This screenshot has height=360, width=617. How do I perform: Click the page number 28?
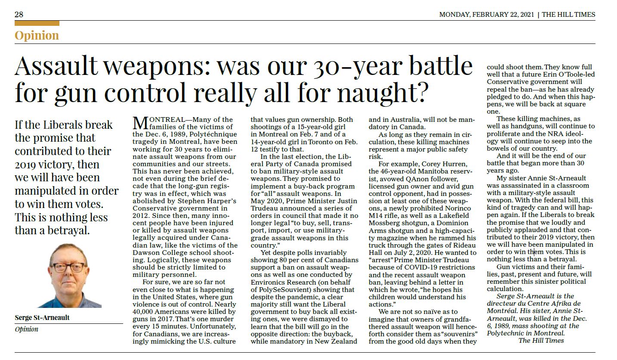[x=19, y=15]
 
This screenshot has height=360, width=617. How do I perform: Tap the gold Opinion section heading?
[x=37, y=35]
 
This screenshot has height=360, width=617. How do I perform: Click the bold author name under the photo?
[x=42, y=318]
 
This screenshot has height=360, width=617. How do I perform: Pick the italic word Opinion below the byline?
[x=26, y=329]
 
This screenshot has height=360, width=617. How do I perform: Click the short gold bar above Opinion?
[x=37, y=23]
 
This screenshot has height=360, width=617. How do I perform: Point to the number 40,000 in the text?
[x=145, y=311]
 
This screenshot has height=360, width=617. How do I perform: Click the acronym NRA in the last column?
[x=547, y=134]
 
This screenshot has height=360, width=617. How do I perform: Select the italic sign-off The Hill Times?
[x=541, y=341]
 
